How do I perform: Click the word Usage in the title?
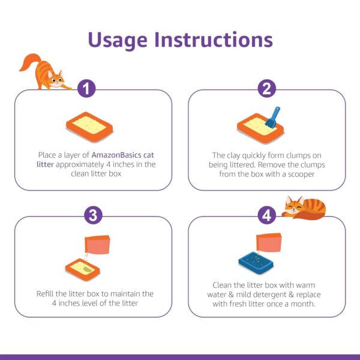pyautogui.click(x=118, y=40)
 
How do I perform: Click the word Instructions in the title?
pyautogui.click(x=214, y=40)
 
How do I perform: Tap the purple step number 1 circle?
pyautogui.click(x=88, y=89)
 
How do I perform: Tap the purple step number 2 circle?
pyautogui.click(x=266, y=89)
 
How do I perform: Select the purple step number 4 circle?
pyautogui.click(x=266, y=215)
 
